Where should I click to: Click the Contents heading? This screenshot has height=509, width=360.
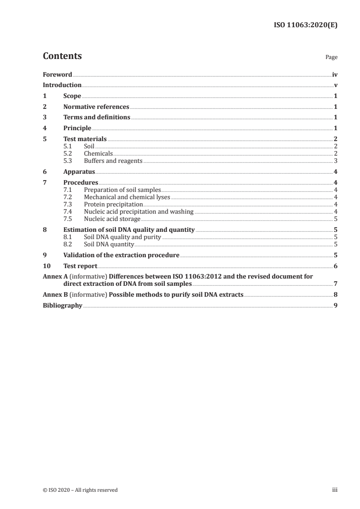tap(62, 56)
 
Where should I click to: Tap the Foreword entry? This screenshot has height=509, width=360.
tap(57, 74)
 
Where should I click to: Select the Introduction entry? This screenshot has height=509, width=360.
tap(62, 85)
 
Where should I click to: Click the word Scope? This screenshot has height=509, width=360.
tap(72, 96)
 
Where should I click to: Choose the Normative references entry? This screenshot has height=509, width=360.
tap(96, 107)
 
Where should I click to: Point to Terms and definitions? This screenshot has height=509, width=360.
tap(97, 117)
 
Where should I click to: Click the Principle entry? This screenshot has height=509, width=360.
tap(77, 128)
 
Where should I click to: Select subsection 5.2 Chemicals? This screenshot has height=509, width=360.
tap(98, 154)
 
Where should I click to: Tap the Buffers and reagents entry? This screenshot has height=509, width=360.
tap(113, 161)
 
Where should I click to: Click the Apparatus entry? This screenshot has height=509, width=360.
tap(79, 172)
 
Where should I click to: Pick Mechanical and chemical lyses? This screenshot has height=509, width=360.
tap(127, 197)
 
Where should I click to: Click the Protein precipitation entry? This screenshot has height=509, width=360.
tap(113, 204)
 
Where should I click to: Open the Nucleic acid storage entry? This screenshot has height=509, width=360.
tap(112, 219)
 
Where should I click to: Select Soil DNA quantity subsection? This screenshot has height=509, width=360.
tap(108, 244)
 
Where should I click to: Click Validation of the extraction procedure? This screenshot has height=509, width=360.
tap(121, 255)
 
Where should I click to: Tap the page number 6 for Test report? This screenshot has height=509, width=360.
tap(335, 266)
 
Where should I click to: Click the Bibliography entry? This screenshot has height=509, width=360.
tap(62, 306)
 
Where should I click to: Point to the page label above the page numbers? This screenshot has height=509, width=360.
tap(331, 58)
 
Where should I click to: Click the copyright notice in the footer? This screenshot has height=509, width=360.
tap(80, 490)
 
